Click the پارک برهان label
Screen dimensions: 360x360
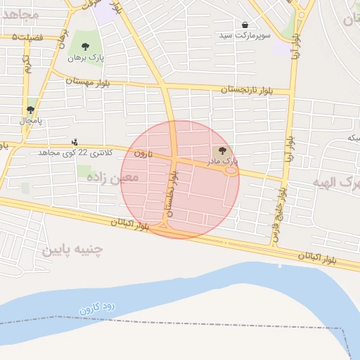click(85, 59)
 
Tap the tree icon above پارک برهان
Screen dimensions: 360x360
click(85, 47)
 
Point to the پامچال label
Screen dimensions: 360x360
click(31, 121)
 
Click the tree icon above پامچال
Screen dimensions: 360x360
click(30, 110)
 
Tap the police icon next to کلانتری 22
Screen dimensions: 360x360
click(75, 141)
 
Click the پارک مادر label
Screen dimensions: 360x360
click(222, 161)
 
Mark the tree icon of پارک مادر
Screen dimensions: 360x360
click(223, 150)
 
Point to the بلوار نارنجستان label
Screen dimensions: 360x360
click(245, 90)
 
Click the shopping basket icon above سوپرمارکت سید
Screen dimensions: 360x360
click(245, 25)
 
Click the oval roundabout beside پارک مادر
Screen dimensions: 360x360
click(229, 169)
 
